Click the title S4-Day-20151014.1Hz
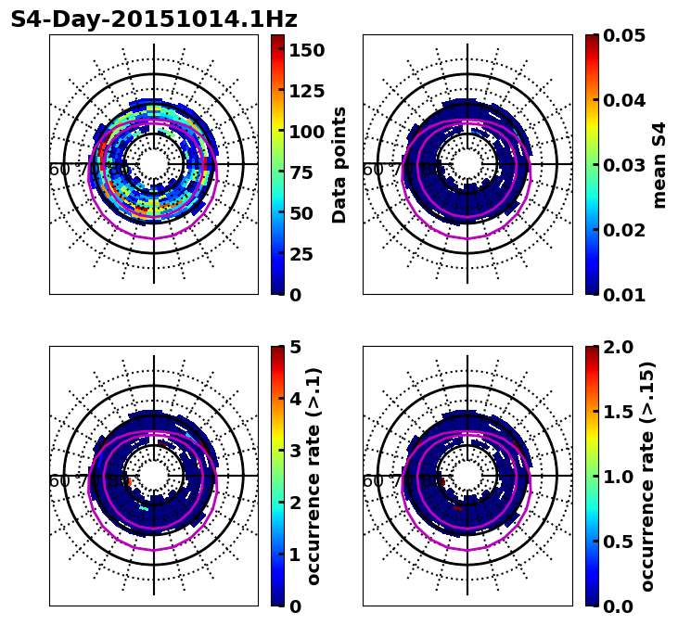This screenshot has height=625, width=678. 154,19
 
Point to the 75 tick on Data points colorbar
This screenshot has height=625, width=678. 301,172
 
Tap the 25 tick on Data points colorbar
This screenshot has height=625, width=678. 301,254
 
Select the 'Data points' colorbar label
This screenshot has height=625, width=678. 339,164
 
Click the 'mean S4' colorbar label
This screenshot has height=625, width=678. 659,164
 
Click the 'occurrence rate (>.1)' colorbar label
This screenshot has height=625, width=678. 313,476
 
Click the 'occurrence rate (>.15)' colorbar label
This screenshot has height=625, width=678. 647,476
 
